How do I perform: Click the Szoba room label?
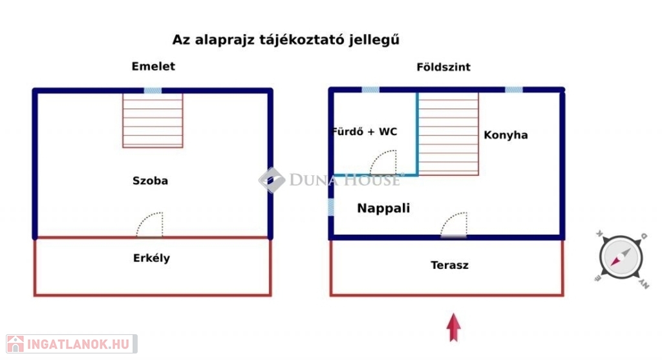pyautogui.click(x=150, y=181)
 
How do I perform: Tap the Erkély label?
pyautogui.click(x=152, y=258)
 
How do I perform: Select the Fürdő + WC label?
pyautogui.click(x=364, y=132)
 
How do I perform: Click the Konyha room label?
pyautogui.click(x=506, y=135)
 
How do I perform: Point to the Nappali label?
pyautogui.click(x=384, y=208)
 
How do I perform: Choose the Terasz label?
pyautogui.click(x=449, y=265)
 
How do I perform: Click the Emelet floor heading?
pyautogui.click(x=153, y=67)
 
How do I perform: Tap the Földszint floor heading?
pyautogui.click(x=443, y=67)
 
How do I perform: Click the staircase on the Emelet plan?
pyautogui.click(x=153, y=120)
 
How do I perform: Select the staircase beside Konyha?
pyautogui.click(x=448, y=134)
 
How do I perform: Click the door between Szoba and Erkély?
pyautogui.click(x=151, y=226)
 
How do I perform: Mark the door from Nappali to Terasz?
pyautogui.click(x=454, y=226)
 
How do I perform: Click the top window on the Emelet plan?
pyautogui.click(x=153, y=90)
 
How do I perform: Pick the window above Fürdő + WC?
pyautogui.click(x=370, y=90)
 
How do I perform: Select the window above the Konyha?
pyautogui.click(x=514, y=90)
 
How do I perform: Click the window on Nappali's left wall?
pyautogui.click(x=330, y=207)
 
